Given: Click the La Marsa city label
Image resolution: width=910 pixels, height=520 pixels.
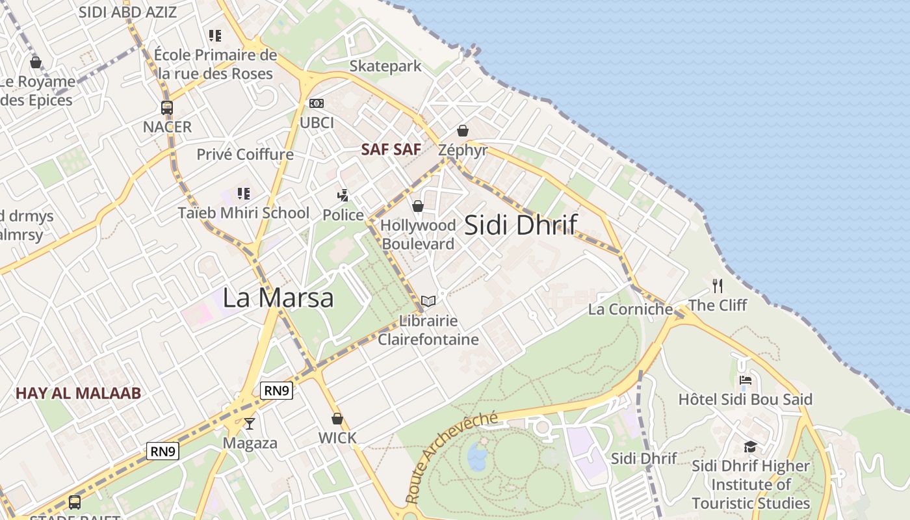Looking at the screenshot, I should click(x=278, y=298).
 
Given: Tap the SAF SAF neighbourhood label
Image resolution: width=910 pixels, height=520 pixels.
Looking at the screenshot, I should click(x=391, y=149).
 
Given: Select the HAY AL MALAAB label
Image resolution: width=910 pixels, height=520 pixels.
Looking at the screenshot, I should click(x=78, y=393).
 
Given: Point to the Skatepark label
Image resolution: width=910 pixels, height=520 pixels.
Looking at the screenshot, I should click(x=385, y=66).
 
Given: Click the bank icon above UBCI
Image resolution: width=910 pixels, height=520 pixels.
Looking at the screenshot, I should click(x=317, y=103).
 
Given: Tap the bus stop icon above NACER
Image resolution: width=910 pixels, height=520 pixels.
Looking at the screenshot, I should click(x=167, y=108).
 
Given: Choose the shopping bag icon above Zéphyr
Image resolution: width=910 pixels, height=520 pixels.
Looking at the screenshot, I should click(x=463, y=131).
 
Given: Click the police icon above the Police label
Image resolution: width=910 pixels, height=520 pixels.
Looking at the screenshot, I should click(x=343, y=195).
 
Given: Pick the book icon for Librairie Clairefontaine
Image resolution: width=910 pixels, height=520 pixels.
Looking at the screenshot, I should click(x=428, y=301).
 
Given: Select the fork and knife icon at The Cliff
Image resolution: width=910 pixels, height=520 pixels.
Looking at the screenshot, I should click(x=718, y=285).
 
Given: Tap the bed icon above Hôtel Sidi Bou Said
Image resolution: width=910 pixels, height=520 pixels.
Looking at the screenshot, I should click(x=746, y=380).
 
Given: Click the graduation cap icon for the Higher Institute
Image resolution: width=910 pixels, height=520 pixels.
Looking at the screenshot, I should click(x=751, y=447).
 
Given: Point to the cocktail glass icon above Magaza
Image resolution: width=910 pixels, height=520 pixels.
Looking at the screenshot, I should click(x=250, y=424).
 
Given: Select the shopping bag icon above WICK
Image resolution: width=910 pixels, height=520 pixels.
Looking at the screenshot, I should click(x=337, y=419).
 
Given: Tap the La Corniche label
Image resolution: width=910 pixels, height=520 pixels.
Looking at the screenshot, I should click(x=630, y=309).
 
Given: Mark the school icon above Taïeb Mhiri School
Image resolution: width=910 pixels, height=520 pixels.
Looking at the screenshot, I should click(x=244, y=193).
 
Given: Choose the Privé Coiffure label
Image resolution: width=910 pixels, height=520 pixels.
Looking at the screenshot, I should click(x=245, y=155).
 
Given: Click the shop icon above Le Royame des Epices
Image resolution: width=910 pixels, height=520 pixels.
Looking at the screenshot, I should click(x=36, y=62).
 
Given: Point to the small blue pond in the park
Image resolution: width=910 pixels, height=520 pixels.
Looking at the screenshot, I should click(x=478, y=455).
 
